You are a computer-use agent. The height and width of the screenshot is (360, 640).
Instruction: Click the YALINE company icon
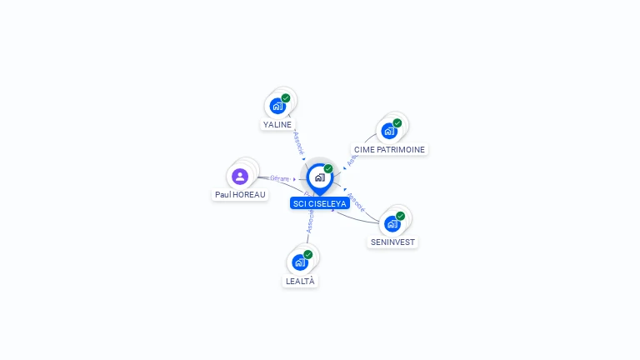click(x=277, y=106)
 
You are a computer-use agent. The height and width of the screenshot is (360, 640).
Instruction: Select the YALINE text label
click(x=277, y=125)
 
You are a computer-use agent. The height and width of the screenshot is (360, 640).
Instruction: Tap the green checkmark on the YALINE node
click(x=286, y=98)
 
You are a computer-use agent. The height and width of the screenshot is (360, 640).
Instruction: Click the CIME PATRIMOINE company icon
click(x=389, y=131)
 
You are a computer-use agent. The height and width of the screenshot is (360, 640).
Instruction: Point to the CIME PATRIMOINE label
click(x=389, y=150)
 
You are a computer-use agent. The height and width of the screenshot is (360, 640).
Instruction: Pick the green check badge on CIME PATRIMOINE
click(x=397, y=123)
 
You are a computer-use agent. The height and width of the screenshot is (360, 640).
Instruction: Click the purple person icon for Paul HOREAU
click(x=240, y=176)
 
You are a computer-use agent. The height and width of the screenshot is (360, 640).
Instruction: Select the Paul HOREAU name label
click(x=241, y=195)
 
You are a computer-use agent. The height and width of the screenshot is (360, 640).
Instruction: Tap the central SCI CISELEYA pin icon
click(x=319, y=177)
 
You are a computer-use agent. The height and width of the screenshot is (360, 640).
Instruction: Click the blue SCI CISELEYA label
click(x=319, y=203)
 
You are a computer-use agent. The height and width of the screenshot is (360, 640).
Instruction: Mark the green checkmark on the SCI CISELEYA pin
click(x=328, y=169)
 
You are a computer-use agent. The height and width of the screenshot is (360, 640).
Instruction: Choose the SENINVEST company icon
click(x=392, y=223)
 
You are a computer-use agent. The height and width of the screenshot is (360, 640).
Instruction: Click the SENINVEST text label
click(x=392, y=242)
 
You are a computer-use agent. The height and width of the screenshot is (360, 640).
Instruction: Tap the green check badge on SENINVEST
click(x=400, y=216)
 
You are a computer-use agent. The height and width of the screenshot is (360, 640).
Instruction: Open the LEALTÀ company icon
click(x=300, y=262)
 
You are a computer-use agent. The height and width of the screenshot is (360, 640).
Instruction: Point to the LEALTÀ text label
click(x=300, y=282)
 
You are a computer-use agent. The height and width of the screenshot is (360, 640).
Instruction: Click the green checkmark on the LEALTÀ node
click(x=308, y=254)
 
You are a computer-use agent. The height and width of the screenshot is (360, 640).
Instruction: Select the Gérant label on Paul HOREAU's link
click(x=279, y=178)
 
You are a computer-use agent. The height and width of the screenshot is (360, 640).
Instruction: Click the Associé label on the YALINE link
click(x=299, y=141)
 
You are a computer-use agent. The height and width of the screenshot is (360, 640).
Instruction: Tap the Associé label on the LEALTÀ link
click(x=310, y=222)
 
